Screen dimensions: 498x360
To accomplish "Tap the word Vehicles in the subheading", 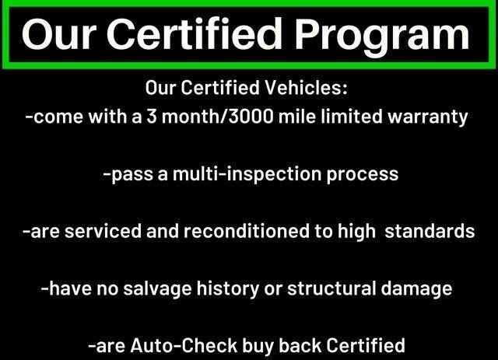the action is (x=306, y=87).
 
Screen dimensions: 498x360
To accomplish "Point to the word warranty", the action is (x=428, y=117).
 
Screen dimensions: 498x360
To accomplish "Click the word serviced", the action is (x=103, y=231).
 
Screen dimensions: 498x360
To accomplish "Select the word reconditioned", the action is (x=247, y=231).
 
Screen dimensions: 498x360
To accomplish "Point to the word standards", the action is (x=430, y=231).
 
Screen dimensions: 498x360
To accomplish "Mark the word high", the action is (x=356, y=232).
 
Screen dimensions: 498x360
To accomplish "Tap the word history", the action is (x=227, y=289).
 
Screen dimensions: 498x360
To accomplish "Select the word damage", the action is (x=416, y=289).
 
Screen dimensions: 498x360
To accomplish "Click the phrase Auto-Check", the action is (x=184, y=345).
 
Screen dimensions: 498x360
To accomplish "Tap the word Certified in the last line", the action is (x=365, y=345).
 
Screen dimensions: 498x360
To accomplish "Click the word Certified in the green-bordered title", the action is (x=195, y=34).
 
